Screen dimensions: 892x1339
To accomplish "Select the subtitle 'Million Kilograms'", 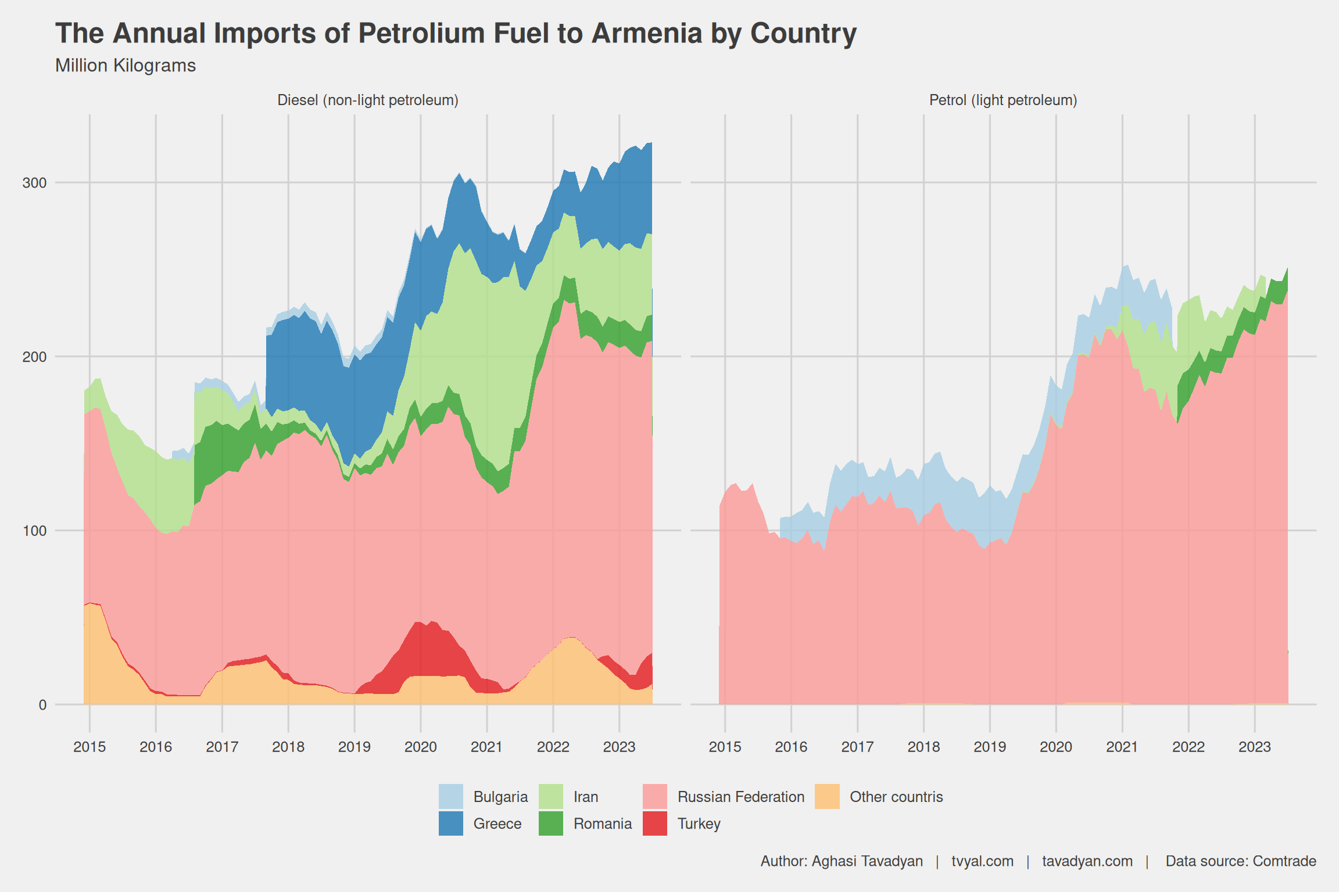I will [126, 66].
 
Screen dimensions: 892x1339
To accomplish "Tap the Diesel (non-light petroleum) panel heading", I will [368, 100].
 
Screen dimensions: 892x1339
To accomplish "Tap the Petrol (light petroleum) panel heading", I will [1003, 100].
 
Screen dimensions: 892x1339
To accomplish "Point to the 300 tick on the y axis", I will [34, 183].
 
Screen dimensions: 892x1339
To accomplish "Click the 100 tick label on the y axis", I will [34, 531].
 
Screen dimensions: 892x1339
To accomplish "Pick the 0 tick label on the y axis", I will [42, 705].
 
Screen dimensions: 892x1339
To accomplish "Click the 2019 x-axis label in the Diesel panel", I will [355, 747].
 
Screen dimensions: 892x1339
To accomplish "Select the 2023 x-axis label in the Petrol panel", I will [1255, 747].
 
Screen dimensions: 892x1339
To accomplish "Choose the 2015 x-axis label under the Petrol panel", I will [725, 747].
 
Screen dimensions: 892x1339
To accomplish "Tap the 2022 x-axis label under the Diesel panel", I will [553, 747].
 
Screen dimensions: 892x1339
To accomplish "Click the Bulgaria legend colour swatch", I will [451, 796].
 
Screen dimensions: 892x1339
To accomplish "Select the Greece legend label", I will [497, 823].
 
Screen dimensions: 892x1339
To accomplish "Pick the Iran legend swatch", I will [551, 796].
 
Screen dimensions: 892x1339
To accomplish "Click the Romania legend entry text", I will [603, 823].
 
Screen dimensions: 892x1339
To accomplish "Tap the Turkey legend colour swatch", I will [655, 823].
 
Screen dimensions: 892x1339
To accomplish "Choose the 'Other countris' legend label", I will [896, 797].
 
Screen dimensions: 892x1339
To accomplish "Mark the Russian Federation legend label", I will [741, 797].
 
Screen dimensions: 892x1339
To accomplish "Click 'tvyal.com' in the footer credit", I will [982, 861].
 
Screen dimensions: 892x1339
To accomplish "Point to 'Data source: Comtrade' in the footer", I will [1241, 861].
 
